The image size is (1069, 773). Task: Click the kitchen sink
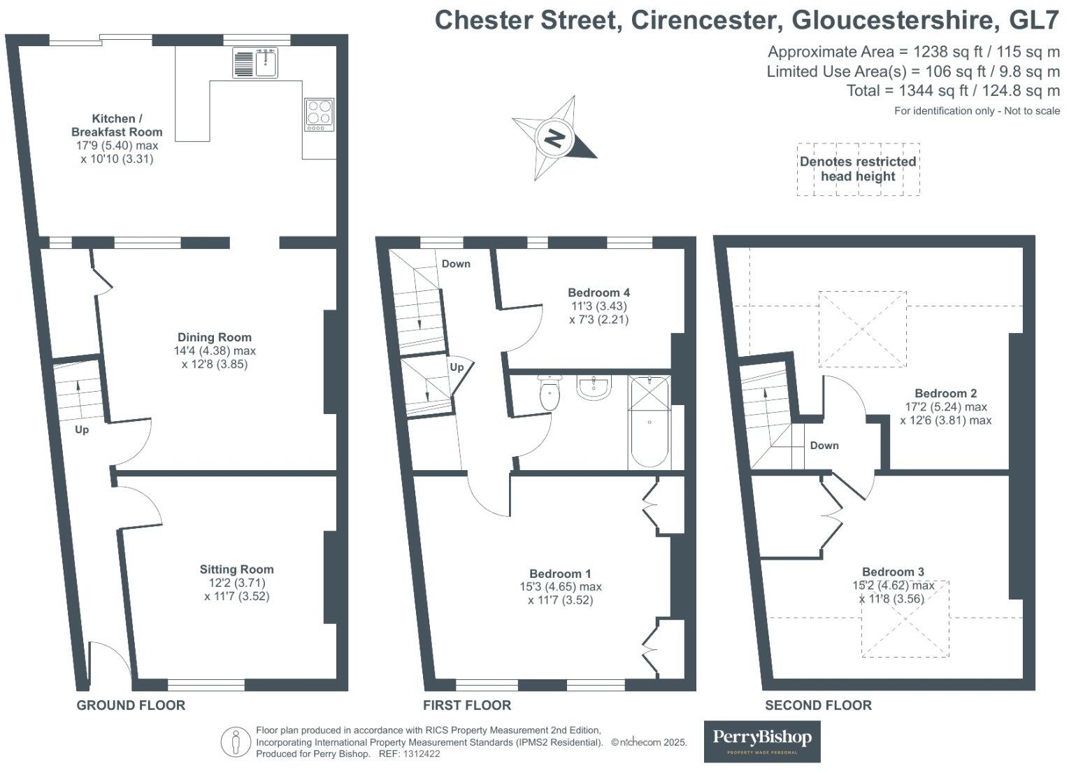[255, 62]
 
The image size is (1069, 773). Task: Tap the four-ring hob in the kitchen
[320, 115]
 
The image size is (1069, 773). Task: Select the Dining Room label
[215, 338]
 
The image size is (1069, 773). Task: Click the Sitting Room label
[237, 569]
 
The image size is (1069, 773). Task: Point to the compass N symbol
[554, 139]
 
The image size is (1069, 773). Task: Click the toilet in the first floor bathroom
[550, 392]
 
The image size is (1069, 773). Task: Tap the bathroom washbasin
[594, 387]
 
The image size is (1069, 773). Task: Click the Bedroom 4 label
[599, 292]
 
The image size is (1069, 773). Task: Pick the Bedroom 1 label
[560, 574]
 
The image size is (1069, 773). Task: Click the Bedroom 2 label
[946, 393]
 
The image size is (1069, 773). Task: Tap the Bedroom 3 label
[894, 572]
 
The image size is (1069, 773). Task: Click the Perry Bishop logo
[762, 742]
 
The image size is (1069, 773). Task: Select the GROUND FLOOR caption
[131, 705]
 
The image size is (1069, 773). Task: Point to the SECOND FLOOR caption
[819, 705]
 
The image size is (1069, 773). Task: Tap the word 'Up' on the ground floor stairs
[82, 430]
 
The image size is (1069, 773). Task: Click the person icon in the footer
[236, 742]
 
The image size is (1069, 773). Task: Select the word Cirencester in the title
[706, 20]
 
